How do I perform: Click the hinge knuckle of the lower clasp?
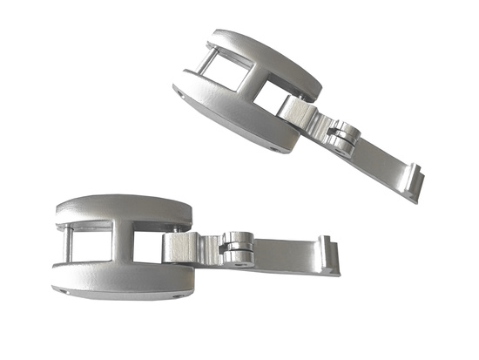tap(236, 248)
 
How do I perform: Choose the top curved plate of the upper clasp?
tap(261, 52)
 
